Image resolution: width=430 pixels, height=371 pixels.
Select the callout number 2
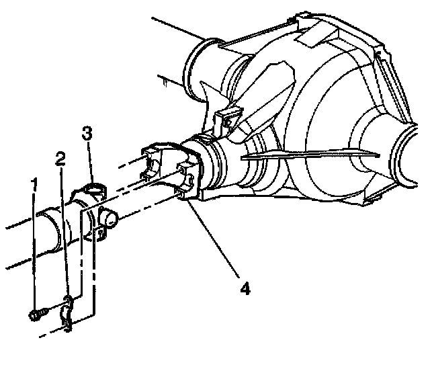click(x=60, y=159)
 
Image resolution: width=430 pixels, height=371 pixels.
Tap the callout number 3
click(x=87, y=133)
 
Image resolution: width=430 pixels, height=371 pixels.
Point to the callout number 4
click(x=245, y=288)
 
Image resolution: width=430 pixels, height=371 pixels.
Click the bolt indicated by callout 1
click(x=38, y=314)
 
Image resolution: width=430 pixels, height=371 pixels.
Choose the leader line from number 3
click(x=89, y=163)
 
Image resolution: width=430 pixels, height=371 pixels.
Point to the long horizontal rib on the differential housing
click(x=310, y=155)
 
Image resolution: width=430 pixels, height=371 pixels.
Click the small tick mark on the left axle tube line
click(x=165, y=83)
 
